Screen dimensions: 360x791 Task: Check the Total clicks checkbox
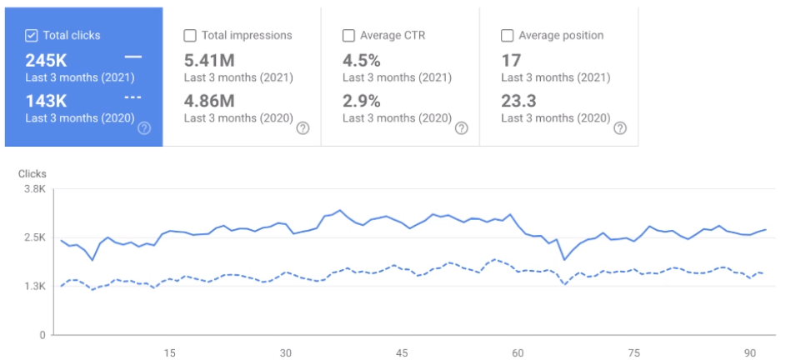pyautogui.click(x=32, y=35)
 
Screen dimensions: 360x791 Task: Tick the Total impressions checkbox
pyautogui.click(x=189, y=35)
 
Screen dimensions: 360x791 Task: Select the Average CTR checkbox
pyautogui.click(x=348, y=35)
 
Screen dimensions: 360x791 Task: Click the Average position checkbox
pyautogui.click(x=507, y=35)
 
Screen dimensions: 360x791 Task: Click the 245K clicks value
pyautogui.click(x=46, y=60)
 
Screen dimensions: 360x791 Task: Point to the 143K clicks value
pyautogui.click(x=46, y=101)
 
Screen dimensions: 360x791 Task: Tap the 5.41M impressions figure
pyautogui.click(x=210, y=60)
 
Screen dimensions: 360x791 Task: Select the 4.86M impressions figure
pyautogui.click(x=210, y=101)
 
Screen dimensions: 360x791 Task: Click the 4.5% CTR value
pyautogui.click(x=362, y=60)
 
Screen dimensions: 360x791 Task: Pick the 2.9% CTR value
pyautogui.click(x=362, y=101)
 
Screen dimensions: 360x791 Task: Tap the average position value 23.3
pyautogui.click(x=518, y=101)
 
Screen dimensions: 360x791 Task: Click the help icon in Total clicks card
pyautogui.click(x=144, y=128)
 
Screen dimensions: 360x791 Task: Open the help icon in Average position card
pyautogui.click(x=619, y=128)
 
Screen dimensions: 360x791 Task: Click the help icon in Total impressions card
pyautogui.click(x=303, y=128)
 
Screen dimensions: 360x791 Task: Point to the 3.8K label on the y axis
pyautogui.click(x=34, y=190)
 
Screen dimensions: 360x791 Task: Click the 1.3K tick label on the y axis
pyautogui.click(x=34, y=286)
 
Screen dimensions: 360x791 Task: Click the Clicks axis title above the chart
pyautogui.click(x=33, y=173)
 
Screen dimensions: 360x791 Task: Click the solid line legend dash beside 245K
pyautogui.click(x=133, y=57)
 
